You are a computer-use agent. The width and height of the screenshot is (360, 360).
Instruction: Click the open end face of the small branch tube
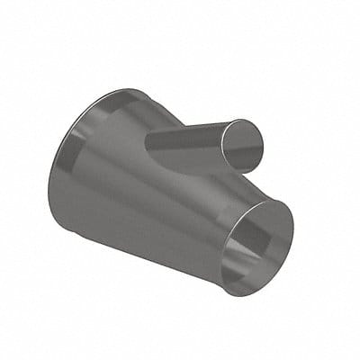(244, 144)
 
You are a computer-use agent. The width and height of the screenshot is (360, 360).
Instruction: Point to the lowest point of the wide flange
(72, 236)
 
